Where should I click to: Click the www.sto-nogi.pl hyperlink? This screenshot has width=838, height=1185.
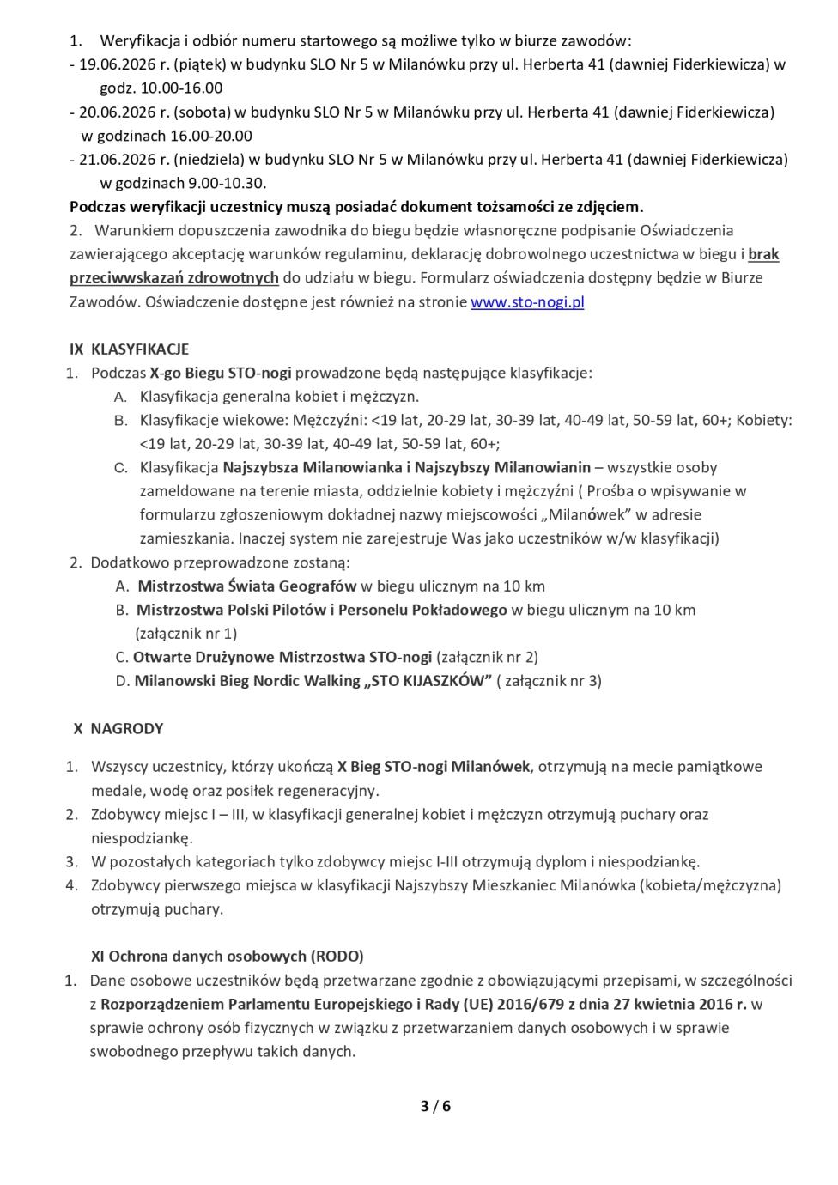[x=527, y=302]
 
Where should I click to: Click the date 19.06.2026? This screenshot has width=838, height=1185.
[x=114, y=64]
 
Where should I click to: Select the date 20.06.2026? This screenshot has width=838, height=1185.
[x=114, y=112]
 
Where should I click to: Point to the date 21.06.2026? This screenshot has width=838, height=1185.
[x=114, y=159]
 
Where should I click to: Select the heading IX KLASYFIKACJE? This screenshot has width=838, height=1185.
[x=130, y=349]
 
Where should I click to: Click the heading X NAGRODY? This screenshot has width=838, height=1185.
[x=118, y=728]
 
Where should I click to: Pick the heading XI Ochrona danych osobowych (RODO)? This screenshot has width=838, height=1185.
[x=228, y=956]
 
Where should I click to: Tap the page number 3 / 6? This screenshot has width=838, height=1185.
[x=435, y=1106]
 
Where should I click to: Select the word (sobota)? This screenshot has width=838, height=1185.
[x=201, y=112]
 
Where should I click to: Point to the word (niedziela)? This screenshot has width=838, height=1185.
[x=209, y=159]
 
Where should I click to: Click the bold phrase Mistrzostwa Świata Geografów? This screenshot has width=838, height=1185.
[x=247, y=586]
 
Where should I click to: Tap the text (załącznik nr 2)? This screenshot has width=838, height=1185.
[x=488, y=657]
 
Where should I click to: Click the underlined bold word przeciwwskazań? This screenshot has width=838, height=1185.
[x=131, y=278]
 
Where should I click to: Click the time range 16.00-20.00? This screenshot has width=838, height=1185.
[x=211, y=136]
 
